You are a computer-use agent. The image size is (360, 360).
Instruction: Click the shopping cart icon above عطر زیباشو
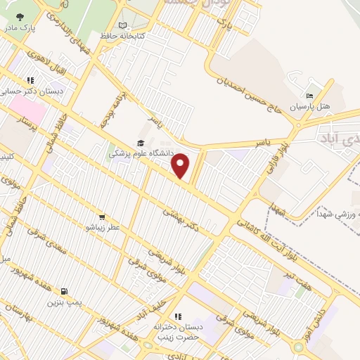[103, 217]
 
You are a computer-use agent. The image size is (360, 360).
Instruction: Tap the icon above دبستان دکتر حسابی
[30, 81]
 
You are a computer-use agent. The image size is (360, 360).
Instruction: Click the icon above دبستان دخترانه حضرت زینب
[177, 316]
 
